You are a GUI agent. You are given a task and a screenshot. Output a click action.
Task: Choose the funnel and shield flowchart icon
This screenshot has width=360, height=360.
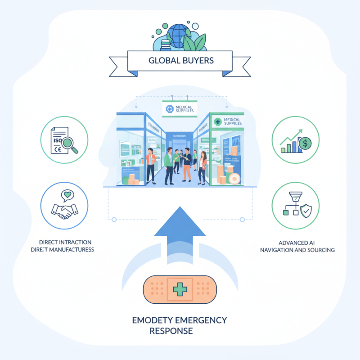tap(296, 205)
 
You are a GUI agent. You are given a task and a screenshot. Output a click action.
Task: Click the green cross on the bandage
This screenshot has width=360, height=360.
tap(180, 288)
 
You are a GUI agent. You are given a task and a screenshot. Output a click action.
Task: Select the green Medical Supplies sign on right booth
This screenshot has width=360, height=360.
tap(227, 121)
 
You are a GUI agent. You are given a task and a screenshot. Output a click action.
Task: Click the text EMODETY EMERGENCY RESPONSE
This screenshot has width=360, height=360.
tap(180, 325)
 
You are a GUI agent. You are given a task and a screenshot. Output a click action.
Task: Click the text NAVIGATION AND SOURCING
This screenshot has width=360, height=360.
tap(297, 250)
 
